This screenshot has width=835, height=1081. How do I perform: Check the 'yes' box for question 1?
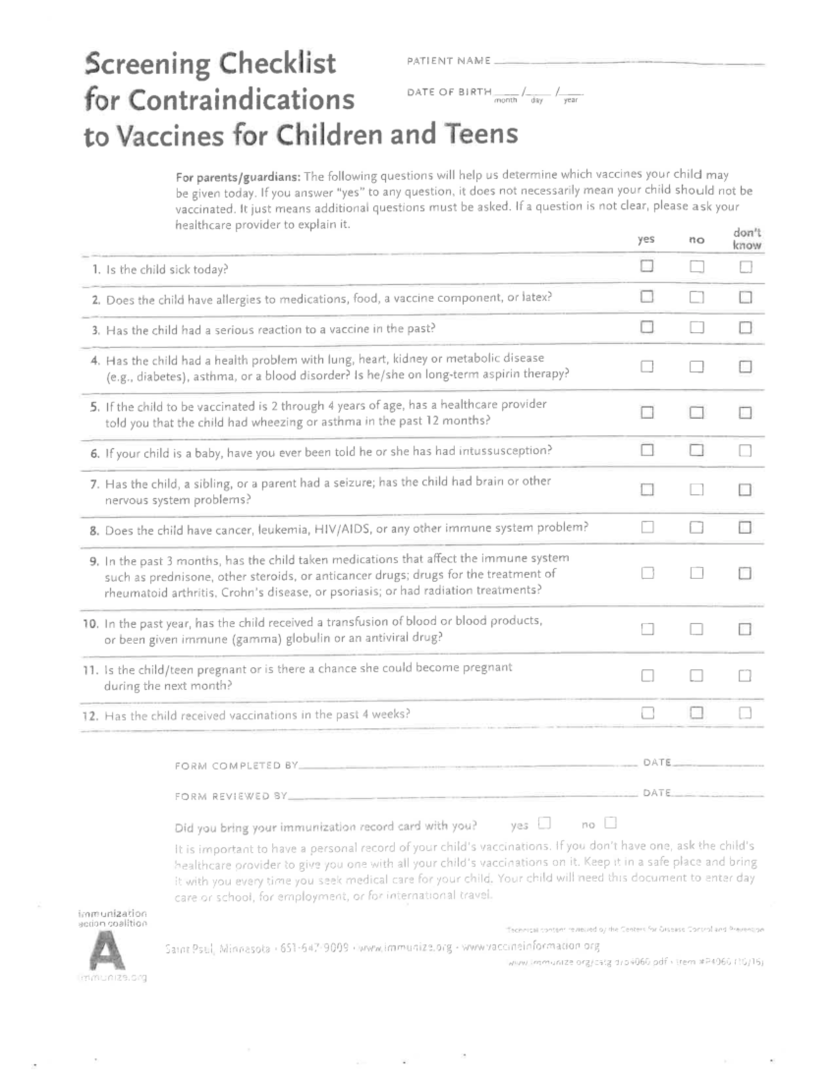tap(647, 266)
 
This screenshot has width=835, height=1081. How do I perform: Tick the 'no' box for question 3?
tap(697, 327)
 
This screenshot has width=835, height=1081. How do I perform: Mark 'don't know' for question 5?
tap(745, 413)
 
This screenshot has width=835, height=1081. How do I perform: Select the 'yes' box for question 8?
tap(647, 527)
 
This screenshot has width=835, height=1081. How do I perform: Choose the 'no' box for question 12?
tap(697, 712)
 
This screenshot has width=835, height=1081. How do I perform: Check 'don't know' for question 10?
tap(745, 629)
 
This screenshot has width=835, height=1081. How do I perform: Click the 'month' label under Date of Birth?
tap(506, 100)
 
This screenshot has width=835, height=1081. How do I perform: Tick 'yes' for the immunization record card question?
tap(544, 823)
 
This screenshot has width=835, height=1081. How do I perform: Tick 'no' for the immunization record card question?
tap(610, 823)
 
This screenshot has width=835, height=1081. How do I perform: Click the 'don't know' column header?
tap(747, 239)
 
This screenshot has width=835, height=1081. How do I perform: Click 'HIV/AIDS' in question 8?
tap(343, 529)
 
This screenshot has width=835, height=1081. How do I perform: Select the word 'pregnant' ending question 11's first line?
tap(485, 668)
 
